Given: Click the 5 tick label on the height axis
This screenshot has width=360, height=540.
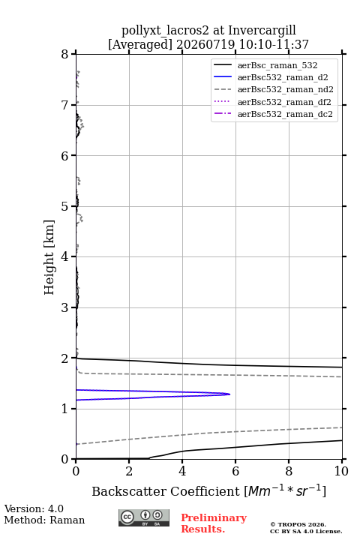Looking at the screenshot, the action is (x=64, y=206).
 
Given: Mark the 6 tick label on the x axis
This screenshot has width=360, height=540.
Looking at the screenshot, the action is (x=235, y=471).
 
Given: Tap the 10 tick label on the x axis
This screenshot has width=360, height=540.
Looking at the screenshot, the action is (x=341, y=471).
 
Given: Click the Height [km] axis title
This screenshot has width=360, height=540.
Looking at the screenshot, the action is (x=49, y=257).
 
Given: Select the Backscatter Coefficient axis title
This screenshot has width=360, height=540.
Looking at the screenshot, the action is (x=208, y=490).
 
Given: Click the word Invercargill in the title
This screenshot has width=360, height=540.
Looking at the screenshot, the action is (x=262, y=31).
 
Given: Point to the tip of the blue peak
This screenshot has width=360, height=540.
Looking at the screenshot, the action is (x=230, y=394).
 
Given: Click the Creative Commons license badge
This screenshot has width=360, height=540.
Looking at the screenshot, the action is (x=144, y=517).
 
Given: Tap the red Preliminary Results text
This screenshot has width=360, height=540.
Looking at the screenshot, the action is (x=214, y=523).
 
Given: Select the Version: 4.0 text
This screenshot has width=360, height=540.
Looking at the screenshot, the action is (x=34, y=508).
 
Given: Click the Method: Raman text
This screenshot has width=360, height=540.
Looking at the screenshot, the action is (x=44, y=520).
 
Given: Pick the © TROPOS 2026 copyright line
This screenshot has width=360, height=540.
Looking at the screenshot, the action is (x=298, y=524).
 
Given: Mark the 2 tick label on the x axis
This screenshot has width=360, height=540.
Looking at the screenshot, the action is (x=129, y=471).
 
